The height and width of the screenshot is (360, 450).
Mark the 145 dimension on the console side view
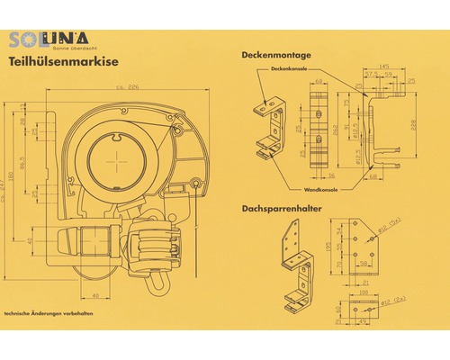[x=384, y=65]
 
